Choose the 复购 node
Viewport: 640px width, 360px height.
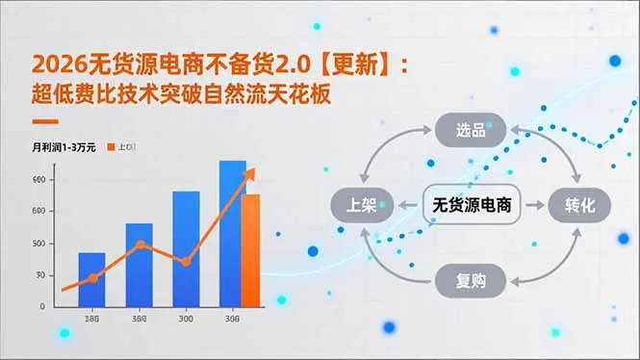pyautogui.click(x=470, y=281)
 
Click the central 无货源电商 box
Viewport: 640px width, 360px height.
pyautogui.click(x=471, y=204)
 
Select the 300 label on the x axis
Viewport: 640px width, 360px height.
pyautogui.click(x=186, y=320)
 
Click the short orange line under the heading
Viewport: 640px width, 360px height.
pyautogui.click(x=45, y=122)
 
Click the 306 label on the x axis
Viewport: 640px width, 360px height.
pyautogui.click(x=232, y=320)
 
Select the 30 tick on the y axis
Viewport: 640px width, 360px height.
pyautogui.click(x=39, y=275)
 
